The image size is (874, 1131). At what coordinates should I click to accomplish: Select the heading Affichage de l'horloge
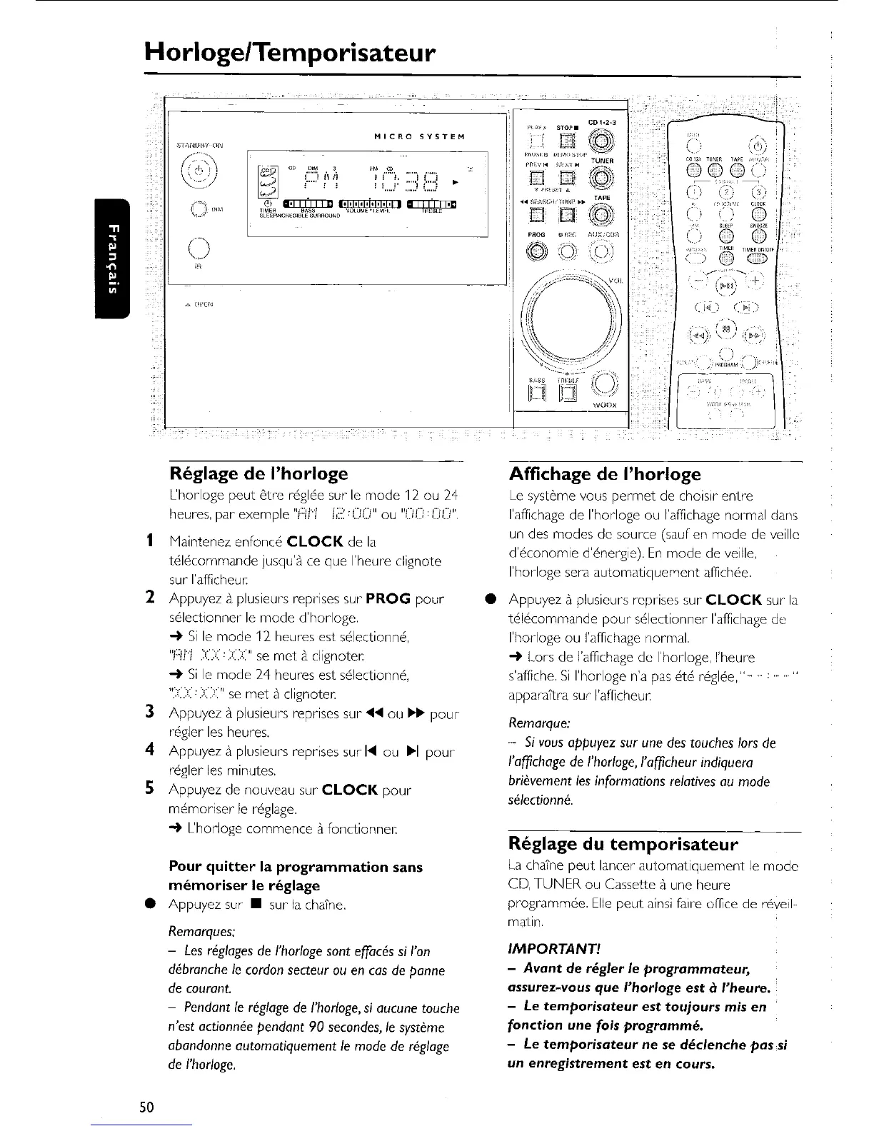pyautogui.click(x=605, y=474)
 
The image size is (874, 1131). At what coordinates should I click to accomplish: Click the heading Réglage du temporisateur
pyautogui.click(x=623, y=845)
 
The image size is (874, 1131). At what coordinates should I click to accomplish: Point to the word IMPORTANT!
pyautogui.click(x=553, y=949)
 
